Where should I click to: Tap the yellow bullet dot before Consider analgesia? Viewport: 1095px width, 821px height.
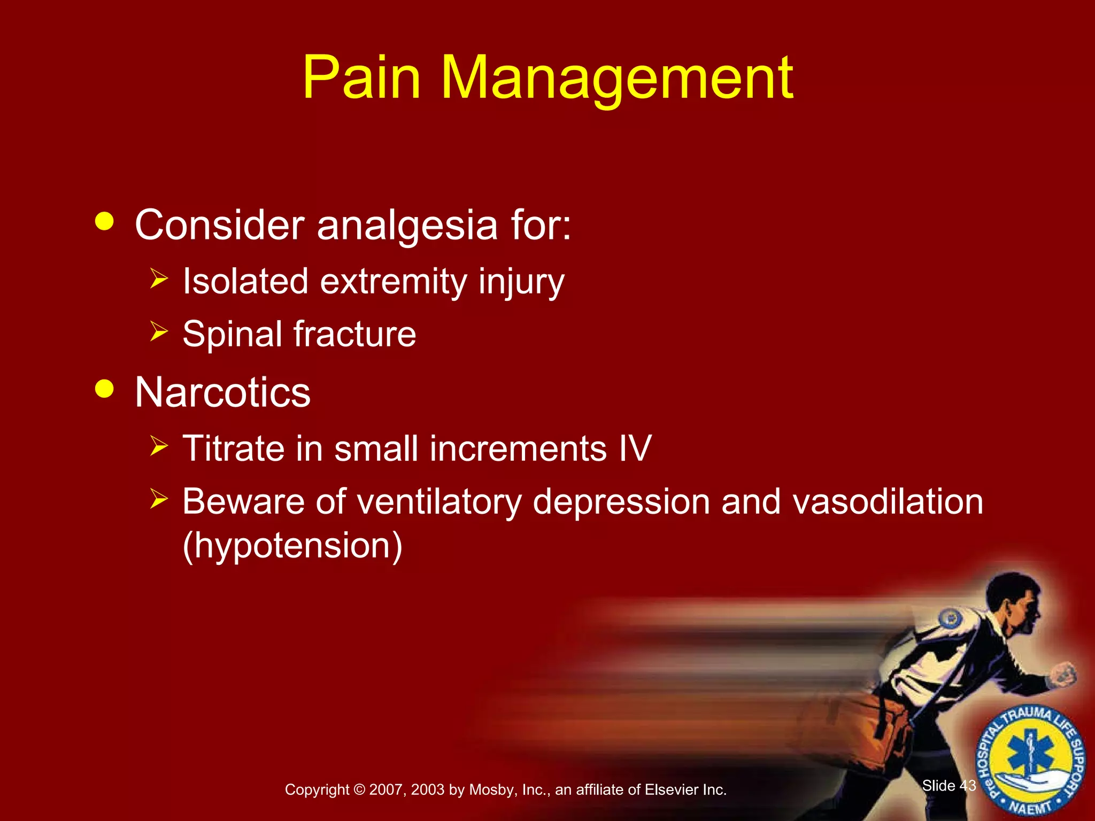tap(104, 221)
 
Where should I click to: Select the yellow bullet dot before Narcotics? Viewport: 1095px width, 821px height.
tap(104, 389)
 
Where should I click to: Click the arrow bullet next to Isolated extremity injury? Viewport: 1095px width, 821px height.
tap(159, 278)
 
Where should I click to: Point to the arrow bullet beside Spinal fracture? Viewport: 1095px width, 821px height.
tap(159, 331)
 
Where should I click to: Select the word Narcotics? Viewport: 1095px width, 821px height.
tap(222, 393)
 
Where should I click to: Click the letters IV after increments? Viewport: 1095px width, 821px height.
tap(635, 448)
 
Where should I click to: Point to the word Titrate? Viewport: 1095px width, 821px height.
tap(233, 448)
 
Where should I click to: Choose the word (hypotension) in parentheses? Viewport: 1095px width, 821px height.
tap(292, 545)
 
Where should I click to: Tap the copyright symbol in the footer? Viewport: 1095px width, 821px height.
tap(359, 790)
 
